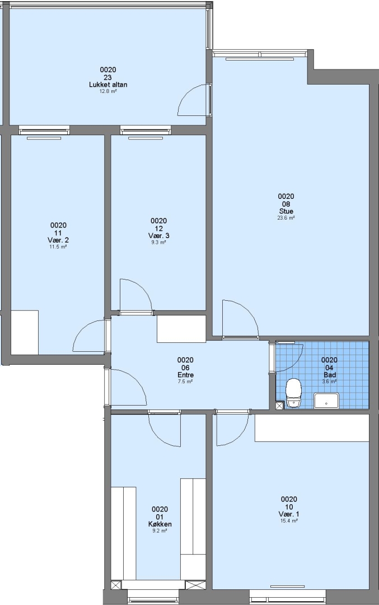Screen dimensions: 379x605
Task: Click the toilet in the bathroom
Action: point(293,393)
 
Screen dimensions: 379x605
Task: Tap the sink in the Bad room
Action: point(326,401)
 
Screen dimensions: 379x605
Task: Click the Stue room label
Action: point(286,211)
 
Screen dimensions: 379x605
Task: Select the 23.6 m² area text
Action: point(286,218)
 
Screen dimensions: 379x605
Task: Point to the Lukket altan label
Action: point(108,85)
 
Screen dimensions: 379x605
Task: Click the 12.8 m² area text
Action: point(108,91)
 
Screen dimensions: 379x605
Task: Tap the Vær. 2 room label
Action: point(58,240)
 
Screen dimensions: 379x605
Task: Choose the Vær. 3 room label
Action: point(158,236)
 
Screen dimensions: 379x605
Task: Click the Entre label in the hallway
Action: point(185,375)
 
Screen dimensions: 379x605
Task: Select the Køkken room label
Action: point(160,524)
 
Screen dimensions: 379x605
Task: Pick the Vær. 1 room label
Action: point(289,514)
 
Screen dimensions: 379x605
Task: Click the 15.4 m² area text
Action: point(289,521)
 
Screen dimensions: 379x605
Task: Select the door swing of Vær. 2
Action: point(88,336)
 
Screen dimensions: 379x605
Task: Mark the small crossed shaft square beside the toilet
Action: point(280,405)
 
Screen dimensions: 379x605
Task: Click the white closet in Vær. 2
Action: point(25,332)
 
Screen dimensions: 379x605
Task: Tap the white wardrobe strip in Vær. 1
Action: point(311,427)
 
